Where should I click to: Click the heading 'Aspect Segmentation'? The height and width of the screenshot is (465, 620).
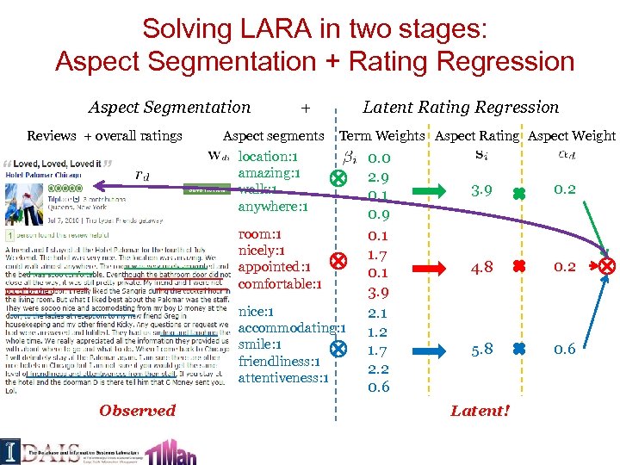tap(170, 108)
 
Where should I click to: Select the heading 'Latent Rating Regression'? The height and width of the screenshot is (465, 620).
tap(461, 108)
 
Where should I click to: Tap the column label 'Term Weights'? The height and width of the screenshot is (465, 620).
tap(382, 136)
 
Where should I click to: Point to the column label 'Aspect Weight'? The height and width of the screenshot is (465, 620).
tap(572, 136)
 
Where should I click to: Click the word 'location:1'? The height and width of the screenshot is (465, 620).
tap(268, 157)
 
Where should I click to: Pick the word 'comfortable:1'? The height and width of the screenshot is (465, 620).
tap(280, 284)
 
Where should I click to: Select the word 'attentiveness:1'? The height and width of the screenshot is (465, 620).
tap(283, 378)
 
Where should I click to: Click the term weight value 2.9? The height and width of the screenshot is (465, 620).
tap(379, 176)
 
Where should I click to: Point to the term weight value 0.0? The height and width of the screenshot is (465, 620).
tap(379, 158)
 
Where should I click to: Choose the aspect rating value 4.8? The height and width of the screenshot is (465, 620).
tap(481, 267)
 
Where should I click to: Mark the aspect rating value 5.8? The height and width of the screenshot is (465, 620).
tap(481, 350)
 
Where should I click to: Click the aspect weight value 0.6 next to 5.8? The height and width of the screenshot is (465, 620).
tap(565, 350)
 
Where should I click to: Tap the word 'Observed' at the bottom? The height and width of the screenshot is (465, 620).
tap(137, 411)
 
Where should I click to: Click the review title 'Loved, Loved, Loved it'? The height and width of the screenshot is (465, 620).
tap(57, 164)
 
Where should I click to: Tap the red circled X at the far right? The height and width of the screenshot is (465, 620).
tap(609, 267)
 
